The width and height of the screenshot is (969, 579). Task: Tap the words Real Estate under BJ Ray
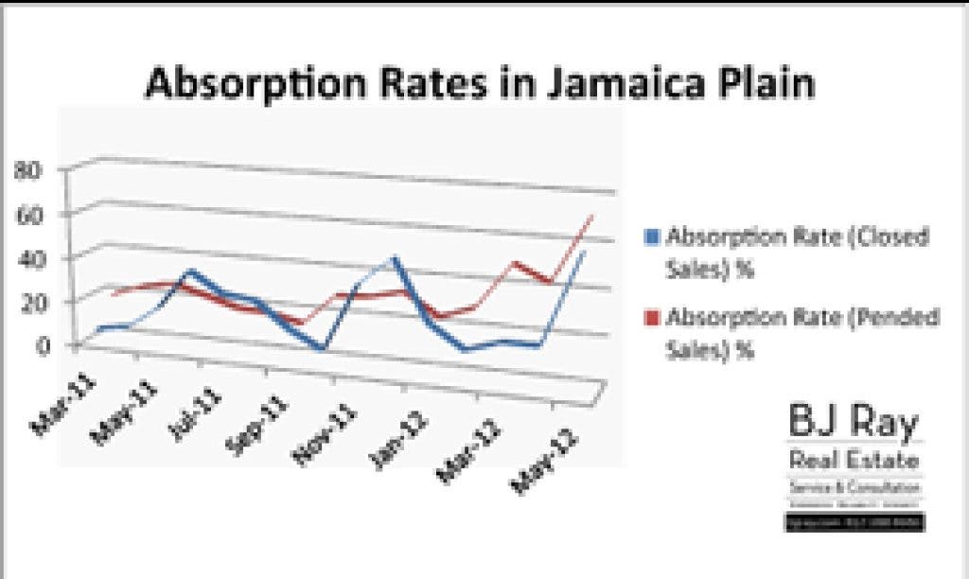(x=854, y=461)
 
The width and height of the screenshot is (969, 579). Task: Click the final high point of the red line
(x=591, y=217)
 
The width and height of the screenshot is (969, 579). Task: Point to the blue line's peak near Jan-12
(x=395, y=257)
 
